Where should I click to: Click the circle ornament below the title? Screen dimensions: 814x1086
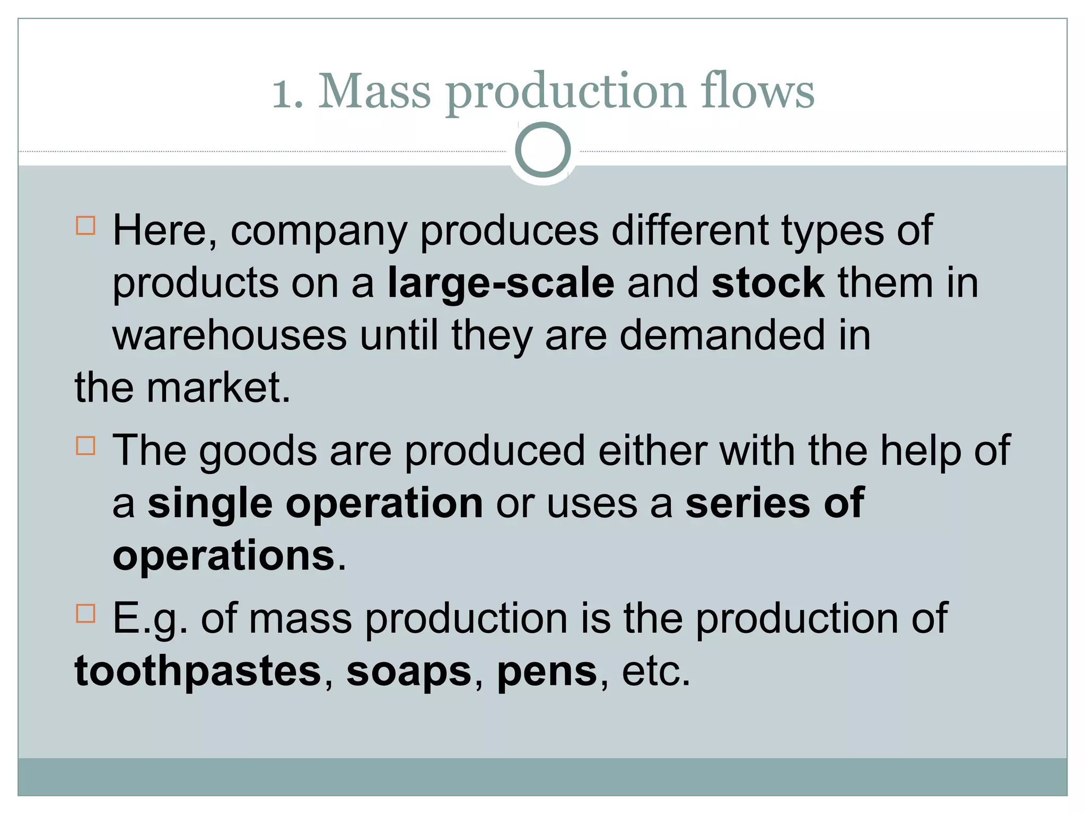[542, 149]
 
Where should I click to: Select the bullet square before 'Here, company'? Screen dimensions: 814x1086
[85, 225]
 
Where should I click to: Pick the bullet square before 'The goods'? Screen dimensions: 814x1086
[85, 446]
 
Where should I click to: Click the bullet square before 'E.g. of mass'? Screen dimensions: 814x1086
[85, 613]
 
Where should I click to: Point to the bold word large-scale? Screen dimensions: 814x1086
[501, 284]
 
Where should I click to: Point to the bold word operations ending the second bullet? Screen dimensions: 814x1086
[224, 555]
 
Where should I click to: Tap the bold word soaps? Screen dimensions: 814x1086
[409, 671]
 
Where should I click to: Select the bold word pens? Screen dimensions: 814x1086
[547, 671]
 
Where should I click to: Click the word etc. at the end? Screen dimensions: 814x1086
[656, 671]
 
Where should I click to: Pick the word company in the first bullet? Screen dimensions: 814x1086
[319, 232]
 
